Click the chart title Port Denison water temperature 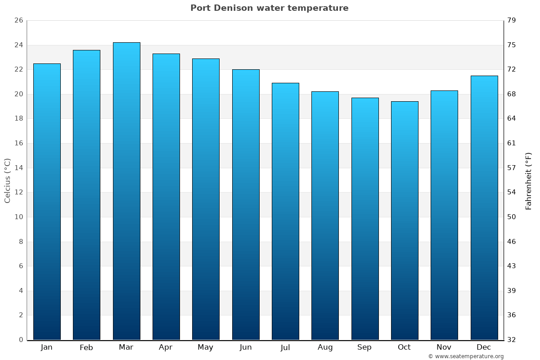tap(269, 8)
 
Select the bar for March tap(126, 191)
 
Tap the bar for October tap(405, 220)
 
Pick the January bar tap(47, 202)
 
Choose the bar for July tap(285, 211)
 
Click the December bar tap(484, 208)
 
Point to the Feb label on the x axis tap(86, 347)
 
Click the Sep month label tap(364, 347)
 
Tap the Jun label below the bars tap(246, 347)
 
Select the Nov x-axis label tap(444, 347)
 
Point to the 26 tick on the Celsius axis tap(19, 21)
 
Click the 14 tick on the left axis tap(19, 168)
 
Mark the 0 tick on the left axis tap(21, 340)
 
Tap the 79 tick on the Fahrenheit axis tap(512, 21)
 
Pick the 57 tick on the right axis tap(512, 168)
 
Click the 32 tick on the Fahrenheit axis tap(512, 340)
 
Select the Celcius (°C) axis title tap(8, 180)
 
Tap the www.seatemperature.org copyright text tap(466, 356)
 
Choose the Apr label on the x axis tap(166, 347)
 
